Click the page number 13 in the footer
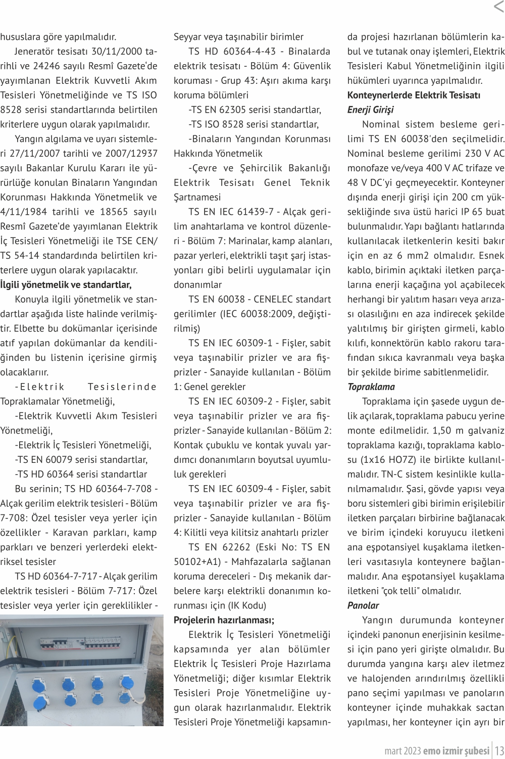pos(498,750)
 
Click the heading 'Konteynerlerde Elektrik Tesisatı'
pos(414,95)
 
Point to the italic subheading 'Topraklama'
pos(371,387)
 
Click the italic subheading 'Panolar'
pos(363,605)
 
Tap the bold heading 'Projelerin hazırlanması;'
pos(224,620)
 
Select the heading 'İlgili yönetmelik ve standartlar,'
pos(66,284)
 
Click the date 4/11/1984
pos(22,212)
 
